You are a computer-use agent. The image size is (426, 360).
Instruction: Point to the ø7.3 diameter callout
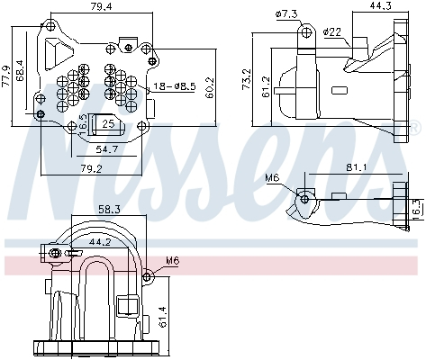coord(286,13)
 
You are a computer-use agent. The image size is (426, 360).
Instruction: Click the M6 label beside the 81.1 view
coord(272,178)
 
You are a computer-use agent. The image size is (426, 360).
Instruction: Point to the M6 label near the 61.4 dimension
coord(172,262)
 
